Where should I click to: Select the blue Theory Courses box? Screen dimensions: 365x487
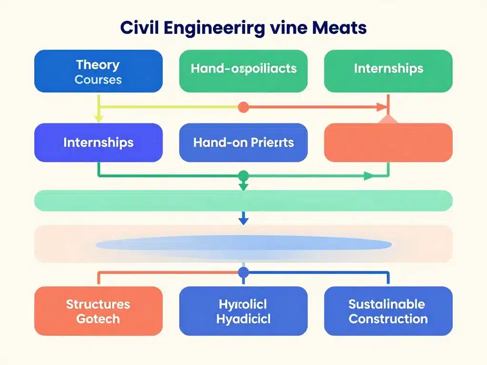[98, 71]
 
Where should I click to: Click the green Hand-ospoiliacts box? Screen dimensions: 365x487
[243, 71]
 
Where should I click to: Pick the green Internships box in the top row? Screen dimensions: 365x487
[388, 71]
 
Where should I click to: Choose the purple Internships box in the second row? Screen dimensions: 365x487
[98, 143]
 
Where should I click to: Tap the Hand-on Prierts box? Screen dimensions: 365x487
[243, 143]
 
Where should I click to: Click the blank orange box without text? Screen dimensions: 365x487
[388, 143]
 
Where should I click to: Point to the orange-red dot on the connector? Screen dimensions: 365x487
[243, 107]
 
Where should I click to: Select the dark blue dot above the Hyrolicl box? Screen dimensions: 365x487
[243, 273]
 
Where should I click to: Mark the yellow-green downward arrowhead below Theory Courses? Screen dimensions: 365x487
[98, 118]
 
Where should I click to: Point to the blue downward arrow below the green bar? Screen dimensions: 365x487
[243, 220]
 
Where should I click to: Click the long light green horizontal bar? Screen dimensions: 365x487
[243, 200]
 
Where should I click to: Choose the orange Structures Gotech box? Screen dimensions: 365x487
[98, 311]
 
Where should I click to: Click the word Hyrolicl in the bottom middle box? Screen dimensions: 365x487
[243, 304]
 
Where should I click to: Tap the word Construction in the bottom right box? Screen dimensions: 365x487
[388, 318]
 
